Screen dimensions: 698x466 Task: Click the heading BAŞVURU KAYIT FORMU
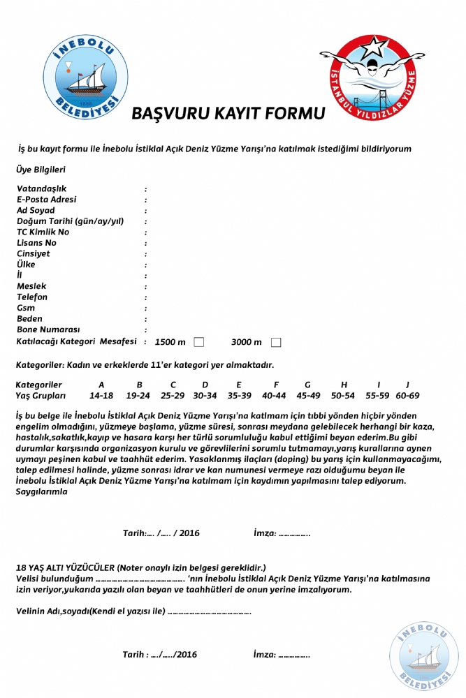pyautogui.click(x=228, y=114)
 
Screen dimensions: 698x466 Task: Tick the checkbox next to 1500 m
pyautogui.click(x=199, y=342)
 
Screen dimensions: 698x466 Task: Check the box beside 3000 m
pyautogui.click(x=276, y=342)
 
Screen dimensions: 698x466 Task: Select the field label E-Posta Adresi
pyautogui.click(x=47, y=200)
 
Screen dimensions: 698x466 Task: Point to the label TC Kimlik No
pyautogui.click(x=43, y=232)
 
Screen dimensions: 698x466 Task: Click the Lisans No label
pyautogui.click(x=37, y=243)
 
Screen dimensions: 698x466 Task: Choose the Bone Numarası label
pyautogui.click(x=48, y=329)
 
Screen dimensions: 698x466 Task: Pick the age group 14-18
pyautogui.click(x=101, y=396)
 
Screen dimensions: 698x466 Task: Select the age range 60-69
pyautogui.click(x=407, y=396)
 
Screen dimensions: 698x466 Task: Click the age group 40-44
pyautogui.click(x=275, y=396)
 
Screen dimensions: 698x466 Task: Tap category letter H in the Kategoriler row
pyautogui.click(x=344, y=385)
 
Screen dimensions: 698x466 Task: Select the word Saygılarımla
pyautogui.click(x=42, y=491)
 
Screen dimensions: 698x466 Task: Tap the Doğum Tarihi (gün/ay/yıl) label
pyautogui.click(x=70, y=221)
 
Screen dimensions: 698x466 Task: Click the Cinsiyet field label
pyautogui.click(x=34, y=253)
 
